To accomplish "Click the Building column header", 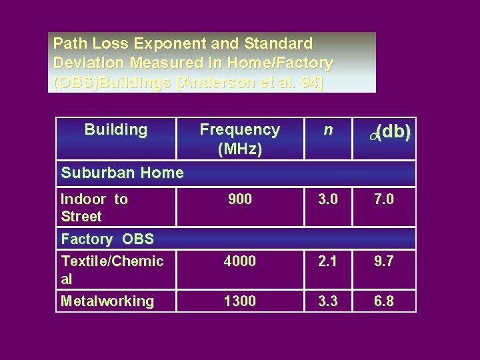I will click(116, 129).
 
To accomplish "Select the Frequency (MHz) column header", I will click(239, 139).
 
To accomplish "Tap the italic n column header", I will click(327, 129).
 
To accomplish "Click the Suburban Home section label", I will click(122, 173).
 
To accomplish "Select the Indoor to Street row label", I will click(94, 207).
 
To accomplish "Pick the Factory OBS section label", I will click(107, 239).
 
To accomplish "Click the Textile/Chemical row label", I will click(111, 269).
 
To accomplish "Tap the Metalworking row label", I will click(107, 301).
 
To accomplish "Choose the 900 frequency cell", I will click(239, 199).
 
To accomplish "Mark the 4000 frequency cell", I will click(239, 261).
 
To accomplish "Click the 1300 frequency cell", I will click(239, 301).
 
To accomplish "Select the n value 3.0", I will click(327, 199).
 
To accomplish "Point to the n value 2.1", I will click(327, 261).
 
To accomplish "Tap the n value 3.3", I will click(327, 301).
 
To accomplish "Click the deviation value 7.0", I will click(384, 199).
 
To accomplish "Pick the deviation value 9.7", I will click(384, 261).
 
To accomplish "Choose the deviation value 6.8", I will click(384, 301).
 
